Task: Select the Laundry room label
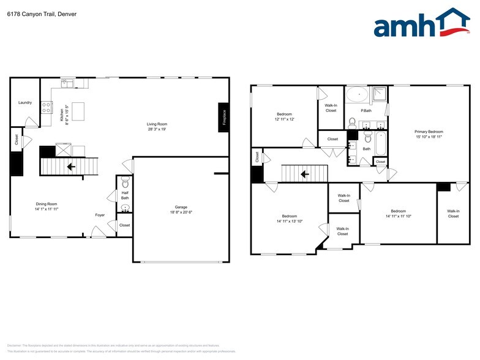25,102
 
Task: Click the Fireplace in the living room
223,117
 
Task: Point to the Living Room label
157,124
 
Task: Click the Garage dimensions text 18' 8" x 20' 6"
181,212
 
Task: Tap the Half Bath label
125,195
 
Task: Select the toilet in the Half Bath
125,181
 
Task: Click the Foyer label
100,215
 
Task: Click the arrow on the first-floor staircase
71,165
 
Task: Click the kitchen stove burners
46,107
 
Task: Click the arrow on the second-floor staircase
304,174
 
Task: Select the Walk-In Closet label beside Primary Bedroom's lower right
453,214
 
